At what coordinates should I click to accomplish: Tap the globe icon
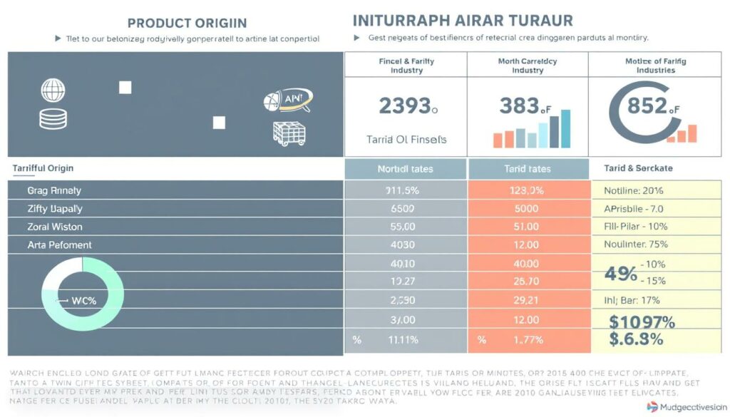pyautogui.click(x=53, y=90)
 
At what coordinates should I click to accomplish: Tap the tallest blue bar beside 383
pyautogui.click(x=565, y=128)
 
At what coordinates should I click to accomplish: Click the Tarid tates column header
pyautogui.click(x=528, y=169)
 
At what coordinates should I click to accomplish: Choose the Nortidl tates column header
pyautogui.click(x=405, y=169)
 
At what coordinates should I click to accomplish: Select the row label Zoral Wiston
pyautogui.click(x=56, y=227)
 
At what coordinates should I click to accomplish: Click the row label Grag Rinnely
pyautogui.click(x=55, y=190)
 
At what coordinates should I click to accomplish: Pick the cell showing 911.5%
pyautogui.click(x=405, y=190)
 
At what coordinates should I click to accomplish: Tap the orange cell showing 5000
pyautogui.click(x=527, y=209)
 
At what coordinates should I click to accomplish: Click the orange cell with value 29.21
pyautogui.click(x=527, y=300)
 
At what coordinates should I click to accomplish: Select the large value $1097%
pyautogui.click(x=642, y=321)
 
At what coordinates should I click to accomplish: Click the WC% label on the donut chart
pyautogui.click(x=83, y=300)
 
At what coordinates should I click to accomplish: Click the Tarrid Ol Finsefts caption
pyautogui.click(x=406, y=139)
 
